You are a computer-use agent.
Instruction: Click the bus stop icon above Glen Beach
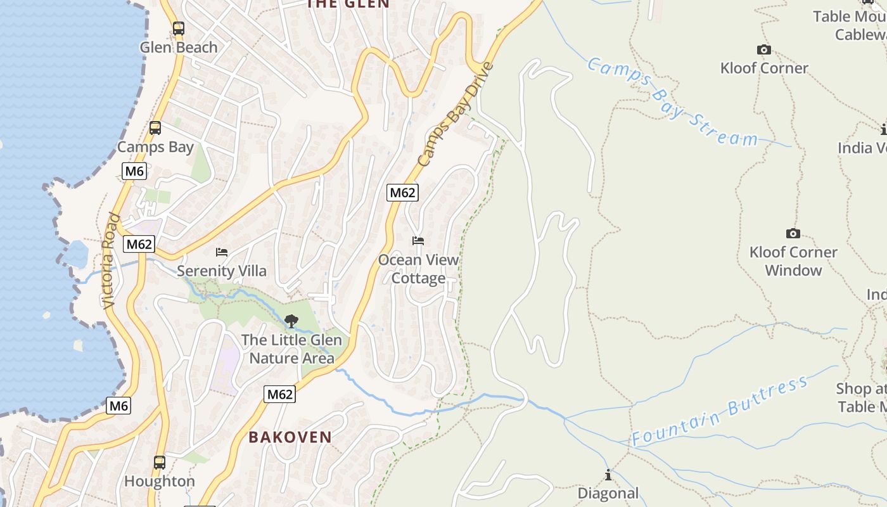pos(179,29)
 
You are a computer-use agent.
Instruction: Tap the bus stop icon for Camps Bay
pos(155,128)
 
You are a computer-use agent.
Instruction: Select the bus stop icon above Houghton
pos(160,463)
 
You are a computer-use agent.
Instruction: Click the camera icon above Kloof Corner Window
pos(793,233)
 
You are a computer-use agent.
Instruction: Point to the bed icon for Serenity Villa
pos(222,252)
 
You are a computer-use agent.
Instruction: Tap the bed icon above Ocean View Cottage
pos(418,241)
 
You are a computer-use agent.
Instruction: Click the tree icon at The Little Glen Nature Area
pos(291,321)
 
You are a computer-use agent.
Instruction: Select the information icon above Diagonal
pos(608,475)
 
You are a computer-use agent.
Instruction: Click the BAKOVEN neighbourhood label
pos(290,437)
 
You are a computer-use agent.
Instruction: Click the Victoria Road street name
pos(111,261)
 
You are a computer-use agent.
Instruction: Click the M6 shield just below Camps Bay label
pos(134,171)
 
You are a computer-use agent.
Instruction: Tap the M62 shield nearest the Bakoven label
pos(279,394)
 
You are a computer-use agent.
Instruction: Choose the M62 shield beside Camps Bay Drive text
pos(402,193)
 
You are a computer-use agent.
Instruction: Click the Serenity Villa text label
pos(222,271)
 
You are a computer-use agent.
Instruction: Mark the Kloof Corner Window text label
pos(793,261)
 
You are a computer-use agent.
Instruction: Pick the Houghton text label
pos(160,482)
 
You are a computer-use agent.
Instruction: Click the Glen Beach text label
pos(179,48)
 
